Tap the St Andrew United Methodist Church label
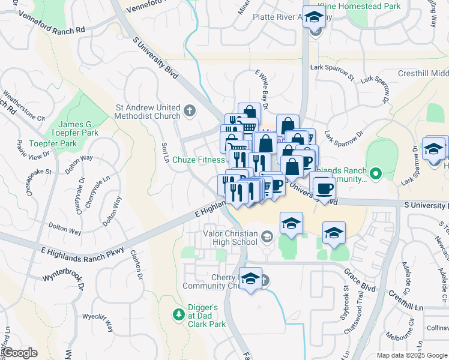[x=148, y=112]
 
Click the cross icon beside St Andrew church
[x=190, y=110]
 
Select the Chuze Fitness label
[x=198, y=160]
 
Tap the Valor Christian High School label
[x=232, y=238]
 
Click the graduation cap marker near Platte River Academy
[x=313, y=17]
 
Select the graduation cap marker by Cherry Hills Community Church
[x=250, y=278]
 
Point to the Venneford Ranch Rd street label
[x=46, y=23]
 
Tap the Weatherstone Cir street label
[x=24, y=106]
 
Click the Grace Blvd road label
[x=360, y=280]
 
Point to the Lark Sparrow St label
[x=333, y=72]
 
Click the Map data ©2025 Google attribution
[x=411, y=355]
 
